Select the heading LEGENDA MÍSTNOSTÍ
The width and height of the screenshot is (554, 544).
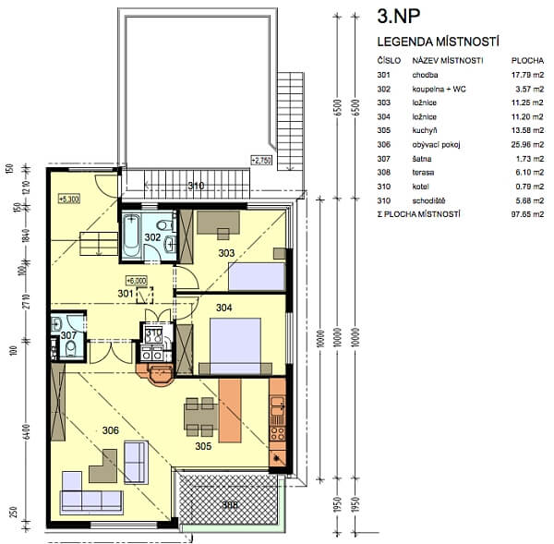tap(439, 42)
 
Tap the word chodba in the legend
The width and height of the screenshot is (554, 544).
tap(427, 75)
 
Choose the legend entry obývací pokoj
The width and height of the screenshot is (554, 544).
tap(438, 145)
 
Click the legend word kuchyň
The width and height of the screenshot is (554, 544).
tap(427, 131)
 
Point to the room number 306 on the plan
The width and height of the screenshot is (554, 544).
tap(110, 430)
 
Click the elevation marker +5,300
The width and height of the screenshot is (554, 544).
tap(68, 198)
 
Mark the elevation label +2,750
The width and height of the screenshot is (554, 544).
tap(261, 160)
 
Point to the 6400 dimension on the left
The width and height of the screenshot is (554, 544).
tap(27, 430)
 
